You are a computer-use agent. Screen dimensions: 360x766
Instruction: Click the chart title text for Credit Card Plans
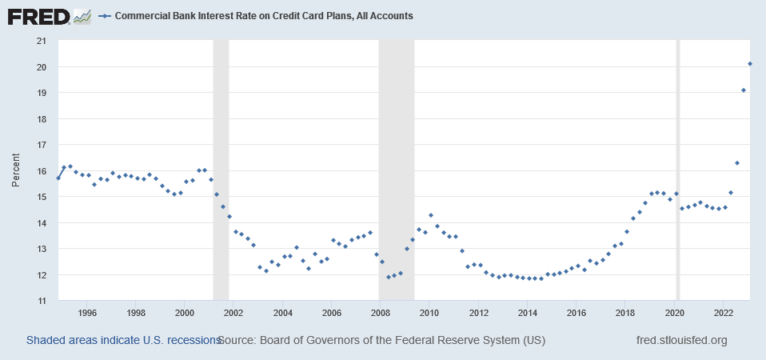pyautogui.click(x=264, y=16)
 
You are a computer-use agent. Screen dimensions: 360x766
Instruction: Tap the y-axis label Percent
pyautogui.click(x=16, y=171)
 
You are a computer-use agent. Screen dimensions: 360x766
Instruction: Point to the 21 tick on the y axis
pyautogui.click(x=42, y=41)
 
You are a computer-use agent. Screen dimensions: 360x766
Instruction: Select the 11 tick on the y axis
pyautogui.click(x=42, y=301)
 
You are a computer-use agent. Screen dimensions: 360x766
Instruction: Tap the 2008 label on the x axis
pyautogui.click(x=380, y=313)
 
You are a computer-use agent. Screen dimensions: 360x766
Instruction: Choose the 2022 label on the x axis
pyautogui.click(x=723, y=313)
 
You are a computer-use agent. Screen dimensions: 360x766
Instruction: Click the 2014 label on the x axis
pyautogui.click(x=527, y=313)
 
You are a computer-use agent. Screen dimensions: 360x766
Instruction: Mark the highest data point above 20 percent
pyautogui.click(x=750, y=64)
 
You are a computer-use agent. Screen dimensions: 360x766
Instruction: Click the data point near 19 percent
pyautogui.click(x=744, y=90)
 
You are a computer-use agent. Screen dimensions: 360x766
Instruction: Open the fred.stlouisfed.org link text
pyautogui.click(x=681, y=340)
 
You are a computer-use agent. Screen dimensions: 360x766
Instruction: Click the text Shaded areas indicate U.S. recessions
pyautogui.click(x=123, y=340)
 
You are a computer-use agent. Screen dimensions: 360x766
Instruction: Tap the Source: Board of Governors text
pyautogui.click(x=381, y=340)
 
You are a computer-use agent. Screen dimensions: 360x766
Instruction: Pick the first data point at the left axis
pyautogui.click(x=58, y=178)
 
